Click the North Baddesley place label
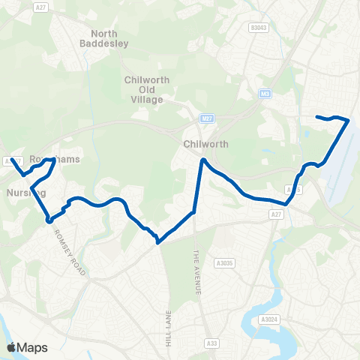109,38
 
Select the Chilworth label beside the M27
200,143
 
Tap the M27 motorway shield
206,118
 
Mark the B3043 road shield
259,28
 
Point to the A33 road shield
212,343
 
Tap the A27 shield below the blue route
277,214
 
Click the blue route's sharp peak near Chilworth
202,159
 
